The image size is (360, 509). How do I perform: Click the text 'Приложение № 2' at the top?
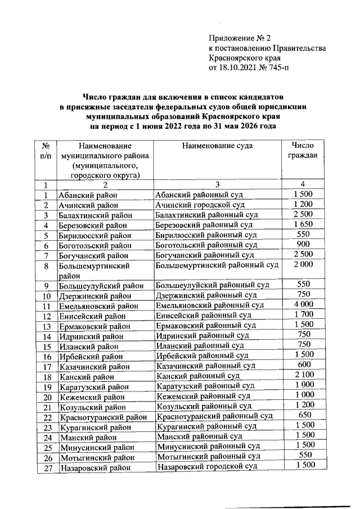pyautogui.click(x=239, y=38)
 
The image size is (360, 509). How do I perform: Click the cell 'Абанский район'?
pyautogui.click(x=88, y=195)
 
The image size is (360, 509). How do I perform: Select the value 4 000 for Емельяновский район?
pyautogui.click(x=303, y=304)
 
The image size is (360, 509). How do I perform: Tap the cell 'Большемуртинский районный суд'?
pyautogui.click(x=217, y=264)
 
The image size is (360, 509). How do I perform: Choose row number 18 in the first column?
pyautogui.click(x=47, y=376)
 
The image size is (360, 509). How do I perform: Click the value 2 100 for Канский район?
pyautogui.click(x=303, y=375)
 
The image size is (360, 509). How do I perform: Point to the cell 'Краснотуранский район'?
pyautogui.click(x=102, y=417)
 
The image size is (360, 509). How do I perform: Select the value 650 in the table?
pyautogui.click(x=303, y=415)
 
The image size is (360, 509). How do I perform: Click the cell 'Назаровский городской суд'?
pyautogui.click(x=207, y=467)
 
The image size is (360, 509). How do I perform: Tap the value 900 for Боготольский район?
pyautogui.click(x=303, y=245)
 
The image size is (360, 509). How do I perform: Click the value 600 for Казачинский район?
pyautogui.click(x=303, y=364)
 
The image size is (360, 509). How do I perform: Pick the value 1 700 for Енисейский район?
pyautogui.click(x=303, y=314)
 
